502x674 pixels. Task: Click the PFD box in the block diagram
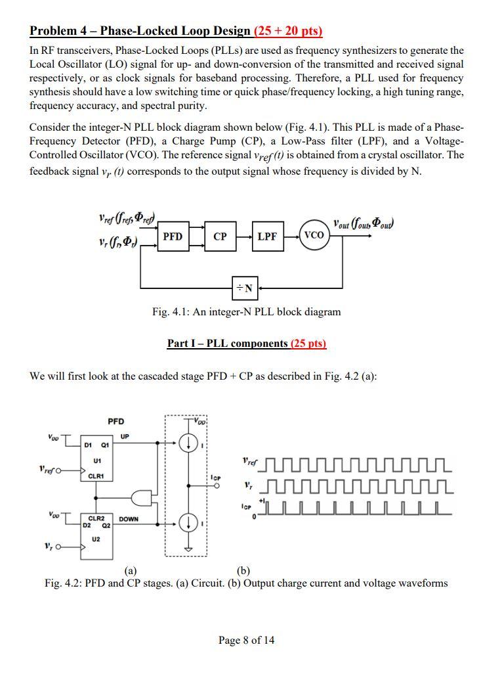coord(173,236)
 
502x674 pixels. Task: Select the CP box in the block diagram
coord(220,236)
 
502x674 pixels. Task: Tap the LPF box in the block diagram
coord(267,236)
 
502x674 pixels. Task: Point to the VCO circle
coord(314,235)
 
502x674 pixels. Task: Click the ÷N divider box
coord(246,286)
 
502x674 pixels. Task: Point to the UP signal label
coord(125,436)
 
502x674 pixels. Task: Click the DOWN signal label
coord(129,519)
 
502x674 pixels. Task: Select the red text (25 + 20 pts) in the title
coord(288,31)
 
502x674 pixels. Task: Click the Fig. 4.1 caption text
coord(246,311)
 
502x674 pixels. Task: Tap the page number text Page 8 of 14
coord(247,640)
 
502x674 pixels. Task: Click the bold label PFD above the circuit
coord(115,421)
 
